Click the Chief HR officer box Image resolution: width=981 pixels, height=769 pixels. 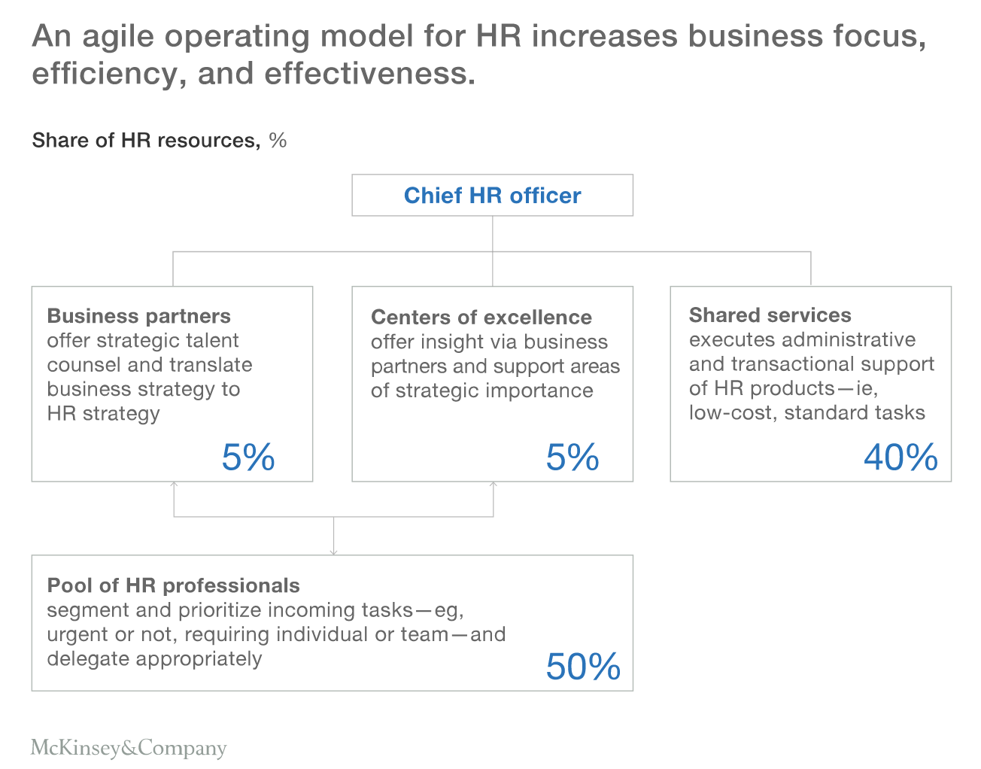(x=492, y=196)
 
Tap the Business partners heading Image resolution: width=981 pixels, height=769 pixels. (x=138, y=316)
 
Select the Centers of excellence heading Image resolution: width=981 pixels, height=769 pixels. (x=481, y=318)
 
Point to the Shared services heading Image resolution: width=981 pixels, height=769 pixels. (x=770, y=315)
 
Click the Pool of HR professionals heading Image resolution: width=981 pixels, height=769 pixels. (x=173, y=585)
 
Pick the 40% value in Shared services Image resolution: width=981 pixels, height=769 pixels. (x=901, y=457)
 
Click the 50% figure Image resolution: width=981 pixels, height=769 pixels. (x=583, y=667)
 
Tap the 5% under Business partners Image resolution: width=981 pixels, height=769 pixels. (x=248, y=457)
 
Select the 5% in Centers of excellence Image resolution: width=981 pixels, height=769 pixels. (x=573, y=457)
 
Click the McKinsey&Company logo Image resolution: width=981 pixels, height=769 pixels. (x=129, y=748)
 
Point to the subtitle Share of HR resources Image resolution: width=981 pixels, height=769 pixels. (x=145, y=141)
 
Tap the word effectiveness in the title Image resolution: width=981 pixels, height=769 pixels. (x=369, y=74)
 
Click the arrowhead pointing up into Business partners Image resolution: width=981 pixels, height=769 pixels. (x=174, y=485)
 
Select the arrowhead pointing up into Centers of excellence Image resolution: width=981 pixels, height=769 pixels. (x=494, y=485)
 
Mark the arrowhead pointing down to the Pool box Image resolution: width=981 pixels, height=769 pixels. (x=333, y=552)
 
